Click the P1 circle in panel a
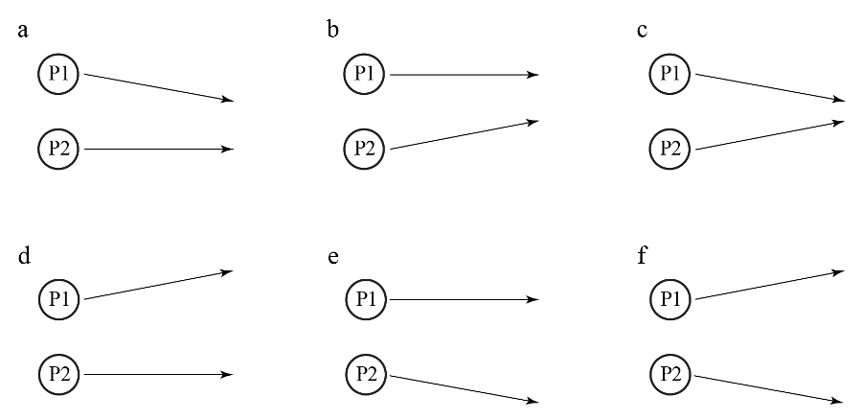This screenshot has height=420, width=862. (59, 74)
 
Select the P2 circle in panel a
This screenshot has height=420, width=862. (59, 149)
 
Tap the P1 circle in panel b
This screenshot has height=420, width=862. (366, 74)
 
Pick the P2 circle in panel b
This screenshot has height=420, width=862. (366, 149)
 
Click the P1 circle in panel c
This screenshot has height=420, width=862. (670, 74)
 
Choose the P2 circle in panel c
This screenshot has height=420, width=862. (670, 149)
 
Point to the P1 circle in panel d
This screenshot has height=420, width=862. (59, 299)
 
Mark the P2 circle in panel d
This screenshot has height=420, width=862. (59, 373)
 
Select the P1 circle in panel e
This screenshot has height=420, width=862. (366, 299)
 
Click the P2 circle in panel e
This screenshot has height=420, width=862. (366, 373)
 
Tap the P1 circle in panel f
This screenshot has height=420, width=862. (670, 299)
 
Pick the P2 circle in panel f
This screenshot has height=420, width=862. (670, 373)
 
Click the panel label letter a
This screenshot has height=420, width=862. (23, 32)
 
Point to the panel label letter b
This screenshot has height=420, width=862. (332, 30)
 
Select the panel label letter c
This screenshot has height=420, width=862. (642, 32)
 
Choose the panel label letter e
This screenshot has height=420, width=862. (332, 257)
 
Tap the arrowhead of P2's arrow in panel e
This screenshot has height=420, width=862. (533, 400)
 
